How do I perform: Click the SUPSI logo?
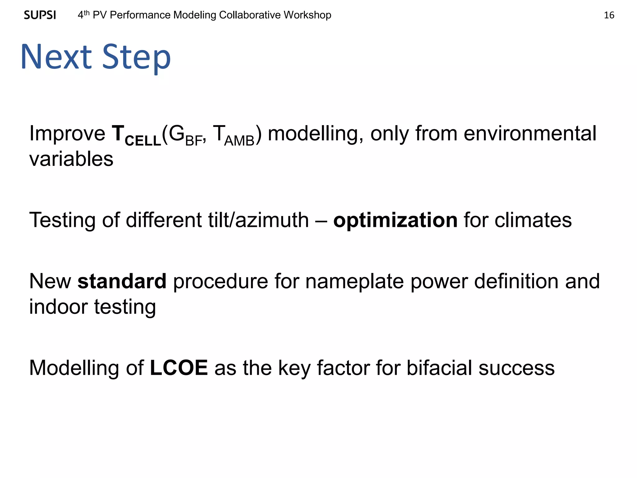pos(40,15)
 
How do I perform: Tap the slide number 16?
pos(609,15)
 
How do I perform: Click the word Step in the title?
pos(137,58)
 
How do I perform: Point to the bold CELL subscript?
pos(143,141)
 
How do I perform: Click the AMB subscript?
pos(239,141)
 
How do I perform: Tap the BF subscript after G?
pos(194,141)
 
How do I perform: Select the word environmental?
pos(530,134)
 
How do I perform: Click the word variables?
pos(71,159)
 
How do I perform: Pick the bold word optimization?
pos(395,220)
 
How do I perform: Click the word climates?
pos(533,220)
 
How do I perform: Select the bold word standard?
pos(122,281)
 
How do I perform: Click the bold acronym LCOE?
pos(179,368)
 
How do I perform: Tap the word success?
pos(516,368)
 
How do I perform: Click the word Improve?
pos(67,134)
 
